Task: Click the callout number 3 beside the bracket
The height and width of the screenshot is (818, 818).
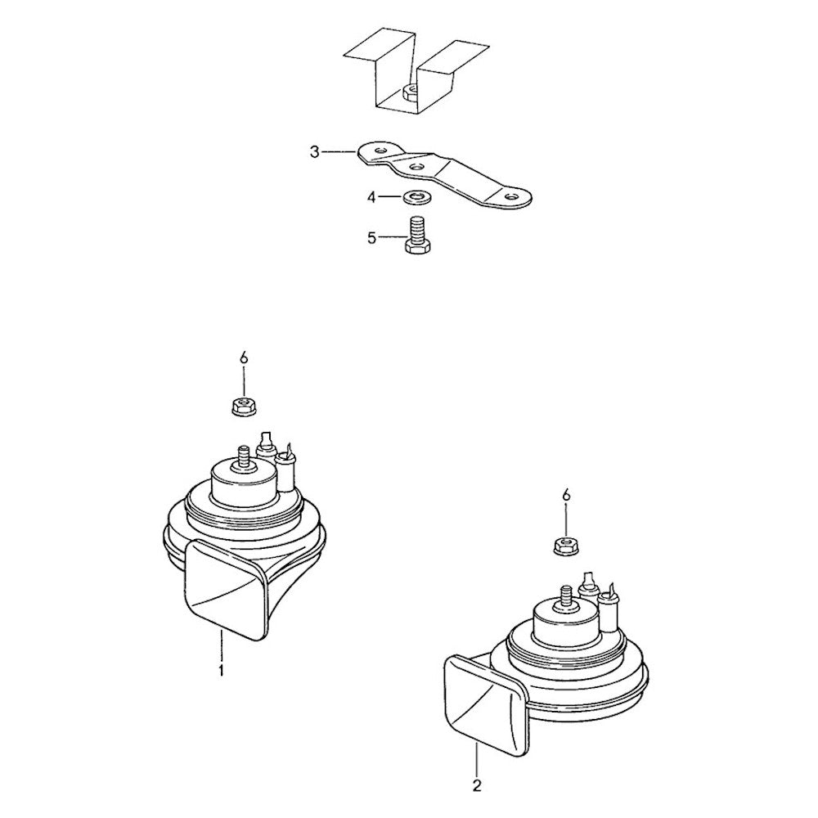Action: pyautogui.click(x=314, y=153)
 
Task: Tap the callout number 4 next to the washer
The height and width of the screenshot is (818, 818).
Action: pyautogui.click(x=371, y=198)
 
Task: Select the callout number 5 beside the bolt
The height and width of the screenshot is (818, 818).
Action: pyautogui.click(x=371, y=238)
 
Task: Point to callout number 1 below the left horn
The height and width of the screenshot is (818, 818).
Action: pyautogui.click(x=222, y=670)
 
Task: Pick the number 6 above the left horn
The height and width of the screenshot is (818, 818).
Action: pyautogui.click(x=244, y=358)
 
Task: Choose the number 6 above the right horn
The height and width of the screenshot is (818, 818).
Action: pyautogui.click(x=566, y=495)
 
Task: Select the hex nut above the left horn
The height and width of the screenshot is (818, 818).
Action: pyautogui.click(x=243, y=406)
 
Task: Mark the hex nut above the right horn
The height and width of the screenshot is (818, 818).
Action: pyautogui.click(x=565, y=546)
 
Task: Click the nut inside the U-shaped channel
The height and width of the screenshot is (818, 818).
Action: pyautogui.click(x=411, y=93)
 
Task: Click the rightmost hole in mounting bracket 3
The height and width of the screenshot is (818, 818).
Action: pyautogui.click(x=512, y=196)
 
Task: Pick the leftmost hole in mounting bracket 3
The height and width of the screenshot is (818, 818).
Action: pyautogui.click(x=380, y=151)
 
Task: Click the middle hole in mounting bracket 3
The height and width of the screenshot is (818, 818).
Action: pyautogui.click(x=416, y=167)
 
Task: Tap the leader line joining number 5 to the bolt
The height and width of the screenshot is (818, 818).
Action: pyautogui.click(x=391, y=238)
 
